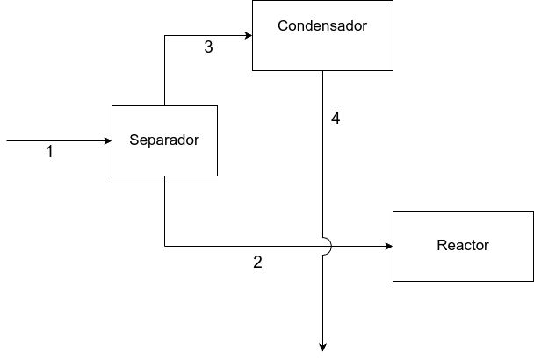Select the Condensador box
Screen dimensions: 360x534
(322, 48)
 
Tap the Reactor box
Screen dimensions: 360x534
(462, 260)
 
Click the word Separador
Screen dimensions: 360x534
(164, 140)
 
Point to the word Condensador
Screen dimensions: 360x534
(322, 25)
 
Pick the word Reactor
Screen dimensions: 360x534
(462, 246)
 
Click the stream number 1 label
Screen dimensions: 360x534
(49, 152)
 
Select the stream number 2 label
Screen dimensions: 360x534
(257, 262)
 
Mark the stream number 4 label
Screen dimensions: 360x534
(336, 118)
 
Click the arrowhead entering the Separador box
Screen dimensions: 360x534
(106, 140)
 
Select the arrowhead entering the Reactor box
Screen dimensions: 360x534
(387, 246)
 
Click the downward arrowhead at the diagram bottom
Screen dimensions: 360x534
(322, 346)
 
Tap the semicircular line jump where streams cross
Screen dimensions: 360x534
(327, 246)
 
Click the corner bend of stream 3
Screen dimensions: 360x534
(165, 35)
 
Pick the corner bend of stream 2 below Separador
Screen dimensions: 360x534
(165, 246)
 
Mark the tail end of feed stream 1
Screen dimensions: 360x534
(8, 140)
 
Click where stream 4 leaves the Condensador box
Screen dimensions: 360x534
(322, 71)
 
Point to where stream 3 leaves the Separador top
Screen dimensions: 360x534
(165, 104)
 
